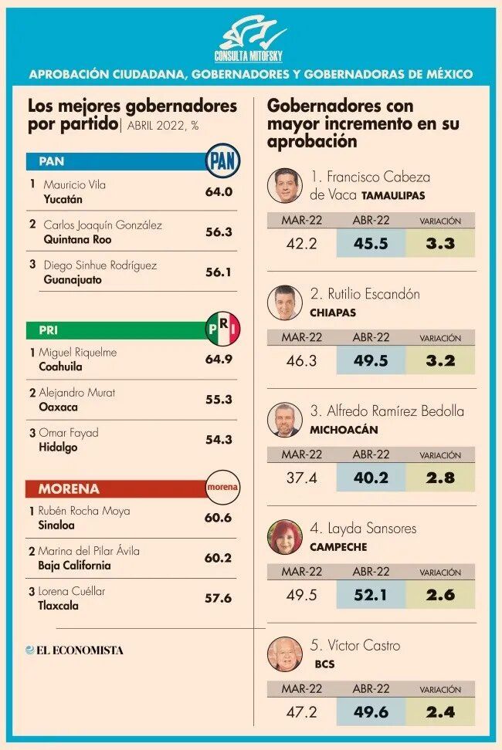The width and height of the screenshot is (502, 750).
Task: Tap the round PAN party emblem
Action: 222,161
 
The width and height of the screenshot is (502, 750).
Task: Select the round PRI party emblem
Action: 222,329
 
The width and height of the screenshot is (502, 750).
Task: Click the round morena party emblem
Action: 222,488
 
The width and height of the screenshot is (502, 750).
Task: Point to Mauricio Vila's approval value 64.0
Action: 219,192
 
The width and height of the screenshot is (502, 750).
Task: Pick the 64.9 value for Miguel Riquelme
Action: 219,360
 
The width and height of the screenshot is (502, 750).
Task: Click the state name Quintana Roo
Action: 77,239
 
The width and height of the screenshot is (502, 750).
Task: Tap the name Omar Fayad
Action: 69,433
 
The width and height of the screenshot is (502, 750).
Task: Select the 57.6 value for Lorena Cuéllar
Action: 219,598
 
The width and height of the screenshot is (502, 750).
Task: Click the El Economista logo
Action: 75,650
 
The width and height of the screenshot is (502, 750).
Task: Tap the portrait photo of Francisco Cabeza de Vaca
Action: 285,185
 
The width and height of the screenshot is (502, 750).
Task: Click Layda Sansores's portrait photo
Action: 285,537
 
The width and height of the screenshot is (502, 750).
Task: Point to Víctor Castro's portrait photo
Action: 285,654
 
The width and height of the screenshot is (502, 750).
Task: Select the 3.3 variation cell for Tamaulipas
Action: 440,244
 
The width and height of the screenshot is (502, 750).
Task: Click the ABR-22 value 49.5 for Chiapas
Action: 371,360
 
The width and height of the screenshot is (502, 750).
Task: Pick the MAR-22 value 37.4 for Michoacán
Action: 301,478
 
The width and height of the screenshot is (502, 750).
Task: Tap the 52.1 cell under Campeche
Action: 371,595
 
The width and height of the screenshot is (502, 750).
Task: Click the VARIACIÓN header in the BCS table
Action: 440,690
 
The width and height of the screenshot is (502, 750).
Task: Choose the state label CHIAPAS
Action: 333,312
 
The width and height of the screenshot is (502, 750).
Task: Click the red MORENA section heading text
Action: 69,489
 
